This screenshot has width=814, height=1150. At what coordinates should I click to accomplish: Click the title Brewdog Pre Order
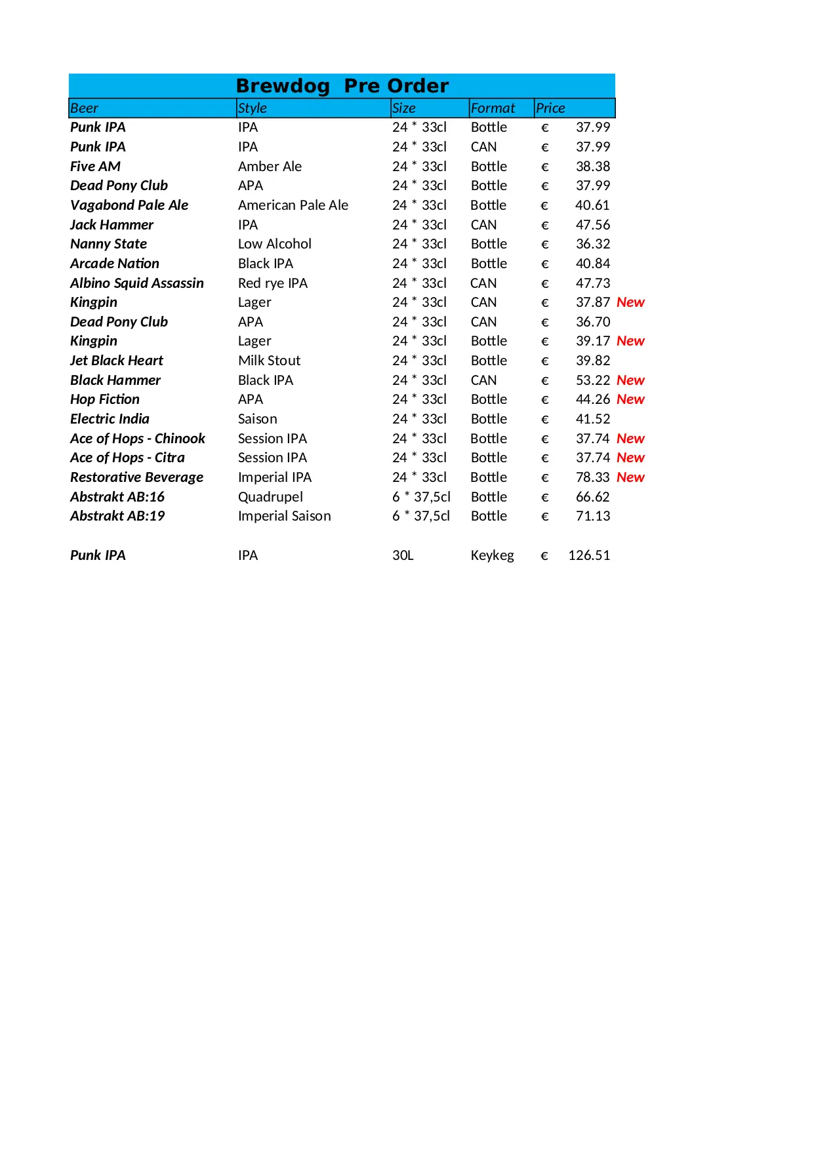[342, 86]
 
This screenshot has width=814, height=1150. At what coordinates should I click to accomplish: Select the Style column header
[253, 108]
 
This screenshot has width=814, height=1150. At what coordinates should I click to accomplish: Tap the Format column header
[493, 108]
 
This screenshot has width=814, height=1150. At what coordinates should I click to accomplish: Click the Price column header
[550, 108]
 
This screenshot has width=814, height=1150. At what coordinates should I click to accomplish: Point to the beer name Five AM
[95, 167]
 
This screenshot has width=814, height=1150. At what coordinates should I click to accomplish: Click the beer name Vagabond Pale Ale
[129, 205]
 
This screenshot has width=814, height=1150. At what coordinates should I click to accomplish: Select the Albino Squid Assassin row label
[137, 283]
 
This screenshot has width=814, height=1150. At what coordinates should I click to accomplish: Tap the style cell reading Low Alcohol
[275, 244]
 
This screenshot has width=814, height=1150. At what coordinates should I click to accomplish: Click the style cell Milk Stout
[269, 361]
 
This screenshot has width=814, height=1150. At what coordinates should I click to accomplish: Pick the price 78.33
[593, 477]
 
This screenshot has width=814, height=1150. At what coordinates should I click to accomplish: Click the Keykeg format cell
[492, 555]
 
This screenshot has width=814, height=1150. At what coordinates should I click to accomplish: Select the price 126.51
[589, 555]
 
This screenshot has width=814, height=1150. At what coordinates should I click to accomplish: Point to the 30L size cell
[403, 555]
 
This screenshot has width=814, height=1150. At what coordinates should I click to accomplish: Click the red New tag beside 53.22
[630, 380]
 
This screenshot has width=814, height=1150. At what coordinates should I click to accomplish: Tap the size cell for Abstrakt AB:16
[421, 497]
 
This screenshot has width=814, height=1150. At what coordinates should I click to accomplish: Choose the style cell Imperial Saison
[284, 516]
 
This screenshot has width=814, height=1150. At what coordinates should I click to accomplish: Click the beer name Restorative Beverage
[136, 477]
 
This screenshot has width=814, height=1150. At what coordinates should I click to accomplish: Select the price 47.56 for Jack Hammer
[593, 225]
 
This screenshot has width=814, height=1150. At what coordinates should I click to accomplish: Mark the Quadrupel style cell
[270, 497]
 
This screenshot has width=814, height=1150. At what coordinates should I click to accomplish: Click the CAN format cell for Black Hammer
[483, 380]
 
